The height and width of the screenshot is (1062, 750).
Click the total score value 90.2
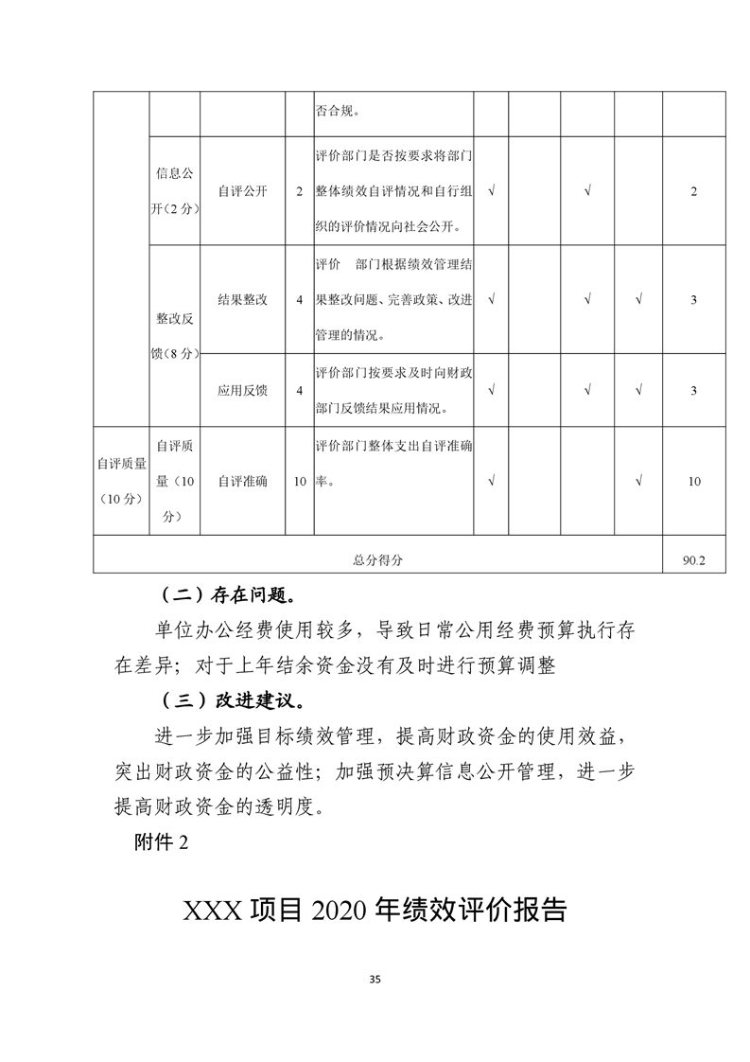coord(693,559)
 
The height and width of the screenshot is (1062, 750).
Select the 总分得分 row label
coord(378,559)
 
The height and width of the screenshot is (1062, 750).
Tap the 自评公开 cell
coord(242,191)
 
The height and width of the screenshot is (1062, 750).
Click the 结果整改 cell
coord(242,300)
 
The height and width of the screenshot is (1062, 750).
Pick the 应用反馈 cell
coord(242,390)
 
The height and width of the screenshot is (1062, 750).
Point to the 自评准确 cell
coord(242,481)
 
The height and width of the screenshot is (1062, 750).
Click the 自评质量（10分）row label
coord(120,481)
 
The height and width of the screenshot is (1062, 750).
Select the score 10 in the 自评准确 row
coord(693,481)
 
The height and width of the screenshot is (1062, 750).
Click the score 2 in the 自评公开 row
coord(693,191)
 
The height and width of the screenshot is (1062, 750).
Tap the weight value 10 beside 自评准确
coord(299,481)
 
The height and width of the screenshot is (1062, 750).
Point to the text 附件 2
coord(163,844)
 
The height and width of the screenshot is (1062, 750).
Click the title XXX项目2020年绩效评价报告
coord(375,911)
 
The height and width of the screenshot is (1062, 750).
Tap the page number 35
coord(375,980)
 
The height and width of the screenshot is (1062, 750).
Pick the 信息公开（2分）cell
coord(175,191)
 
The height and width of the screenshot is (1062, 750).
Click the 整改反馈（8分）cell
coord(175,336)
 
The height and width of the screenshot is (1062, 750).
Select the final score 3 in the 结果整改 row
coord(693,300)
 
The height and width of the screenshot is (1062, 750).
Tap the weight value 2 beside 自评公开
coord(299,191)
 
